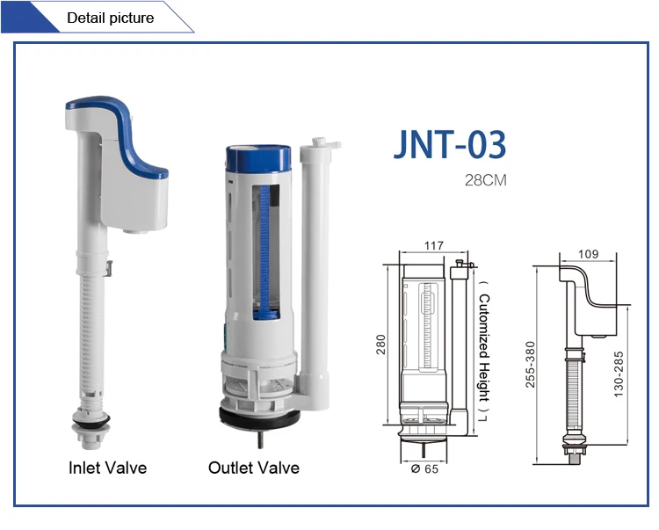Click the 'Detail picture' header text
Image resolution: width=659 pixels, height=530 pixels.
pos(110,18)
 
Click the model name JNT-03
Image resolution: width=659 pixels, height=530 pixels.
pos(450,145)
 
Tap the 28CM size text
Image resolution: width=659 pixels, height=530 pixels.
pos(486,181)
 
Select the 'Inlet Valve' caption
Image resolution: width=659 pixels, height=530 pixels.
pos(107,468)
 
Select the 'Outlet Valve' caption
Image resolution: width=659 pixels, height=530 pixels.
pos(253,468)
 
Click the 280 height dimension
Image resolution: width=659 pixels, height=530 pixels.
pos(380,344)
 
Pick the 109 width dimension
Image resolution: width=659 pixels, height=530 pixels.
pos(589,254)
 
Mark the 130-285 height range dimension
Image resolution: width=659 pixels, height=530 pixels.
pos(620,373)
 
